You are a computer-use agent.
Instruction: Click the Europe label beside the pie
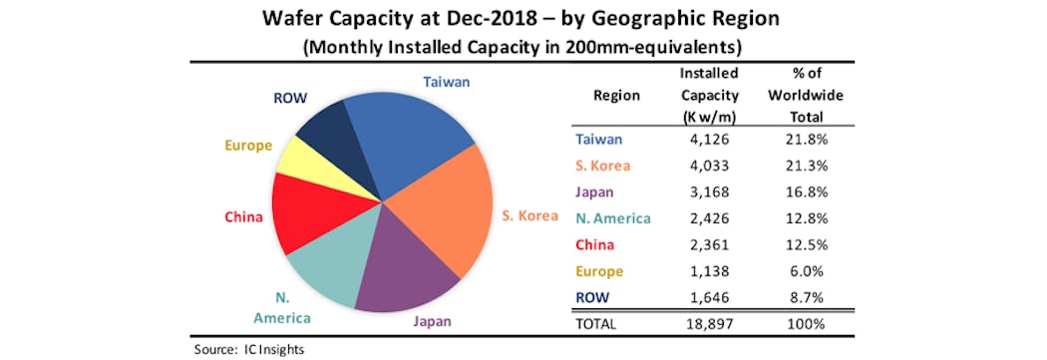[248, 146]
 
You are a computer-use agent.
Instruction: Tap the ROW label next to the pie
[289, 98]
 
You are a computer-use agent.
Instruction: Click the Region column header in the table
[616, 95]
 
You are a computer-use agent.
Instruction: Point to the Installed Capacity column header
[709, 95]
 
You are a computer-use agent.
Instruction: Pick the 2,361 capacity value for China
[709, 245]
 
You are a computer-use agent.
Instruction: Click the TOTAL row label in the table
[595, 323]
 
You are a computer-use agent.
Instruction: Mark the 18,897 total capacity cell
[709, 323]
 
